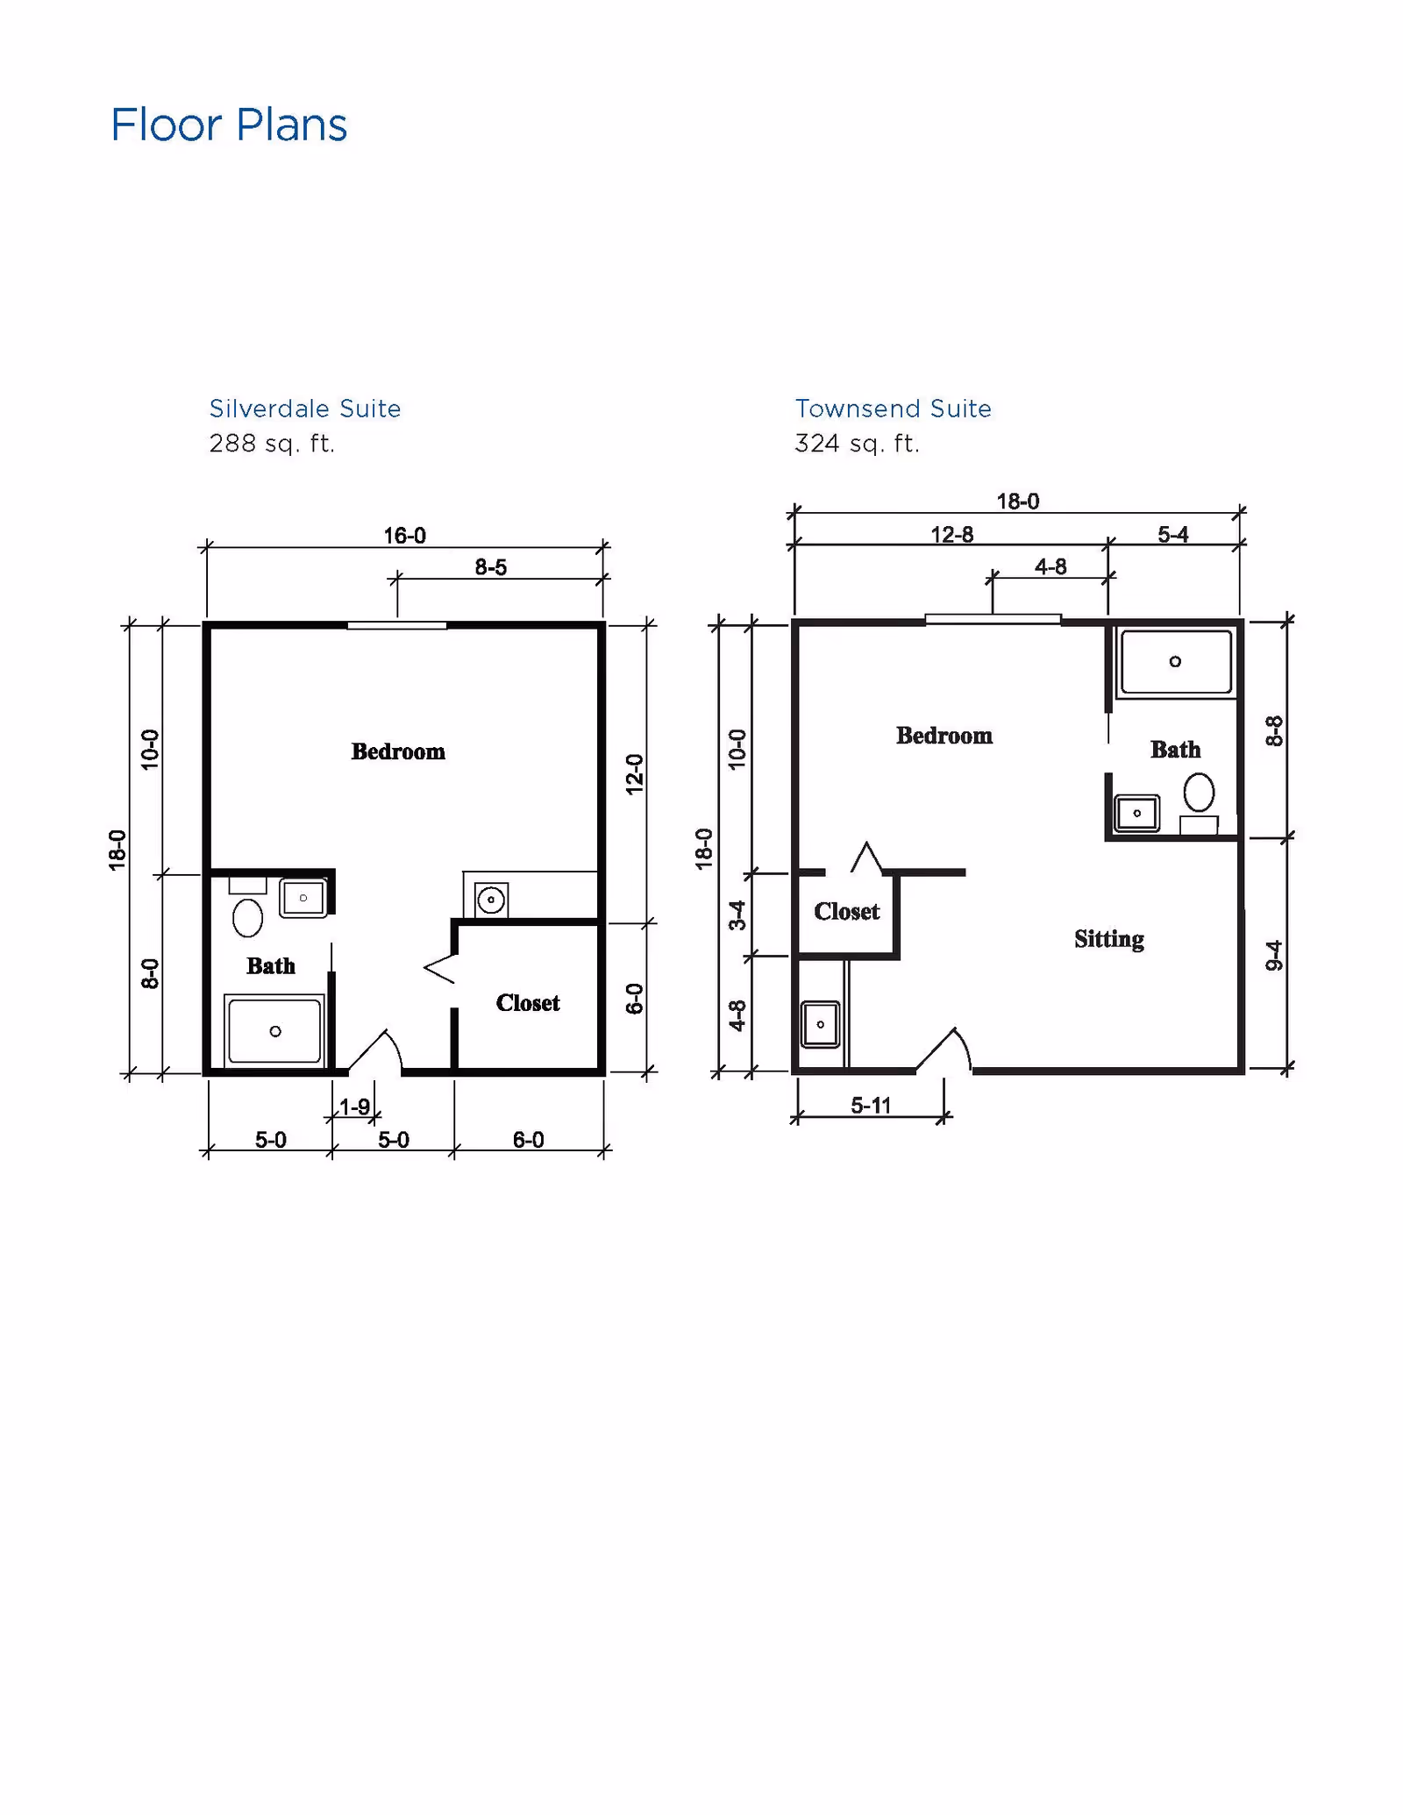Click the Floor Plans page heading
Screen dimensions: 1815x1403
pos(229,125)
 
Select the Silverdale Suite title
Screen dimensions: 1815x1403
pos(304,409)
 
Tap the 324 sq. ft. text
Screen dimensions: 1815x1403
pos(857,444)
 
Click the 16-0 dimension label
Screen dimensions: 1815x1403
pos(404,535)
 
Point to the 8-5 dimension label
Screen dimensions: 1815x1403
pos(490,567)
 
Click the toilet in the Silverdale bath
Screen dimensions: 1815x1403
pos(247,917)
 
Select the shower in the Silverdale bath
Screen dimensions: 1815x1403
pos(274,1031)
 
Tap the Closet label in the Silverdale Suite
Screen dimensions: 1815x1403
pos(527,1002)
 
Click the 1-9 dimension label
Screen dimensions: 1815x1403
pos(354,1107)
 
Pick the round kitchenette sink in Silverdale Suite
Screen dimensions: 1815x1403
pos(491,900)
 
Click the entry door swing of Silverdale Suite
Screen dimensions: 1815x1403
pos(377,1050)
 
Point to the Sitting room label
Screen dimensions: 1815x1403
pos(1108,939)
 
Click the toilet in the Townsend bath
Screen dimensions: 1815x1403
pos(1199,794)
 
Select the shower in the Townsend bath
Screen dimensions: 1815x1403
pos(1175,662)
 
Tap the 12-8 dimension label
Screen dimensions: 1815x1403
pos(951,534)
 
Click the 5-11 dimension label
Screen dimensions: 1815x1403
pos(870,1105)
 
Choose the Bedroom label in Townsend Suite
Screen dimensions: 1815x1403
pos(944,736)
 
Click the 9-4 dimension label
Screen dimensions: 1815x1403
pos(1274,956)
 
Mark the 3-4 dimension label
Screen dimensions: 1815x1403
pos(737,915)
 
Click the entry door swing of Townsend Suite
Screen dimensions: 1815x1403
pos(947,1049)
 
